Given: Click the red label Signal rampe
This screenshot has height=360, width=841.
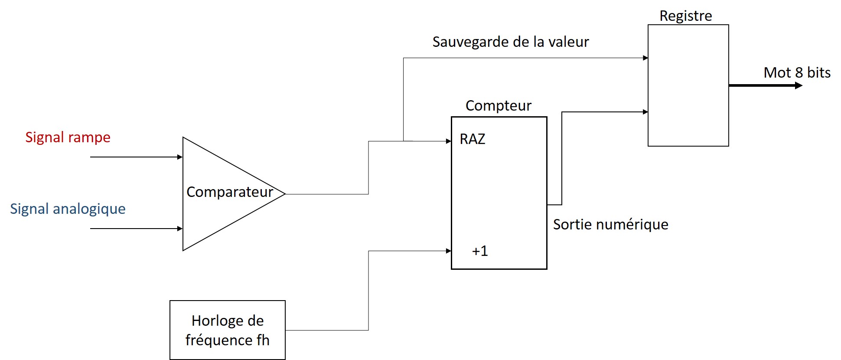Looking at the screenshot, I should coord(68,137).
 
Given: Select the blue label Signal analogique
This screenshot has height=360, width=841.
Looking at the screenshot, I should coord(68,209).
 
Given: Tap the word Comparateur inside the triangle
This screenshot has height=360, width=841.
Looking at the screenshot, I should coord(229,192).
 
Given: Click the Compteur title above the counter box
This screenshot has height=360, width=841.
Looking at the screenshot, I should coord(498,106).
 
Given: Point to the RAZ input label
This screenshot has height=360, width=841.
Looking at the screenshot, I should coord(472,139).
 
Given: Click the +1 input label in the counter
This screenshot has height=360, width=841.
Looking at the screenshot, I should coord(479,251).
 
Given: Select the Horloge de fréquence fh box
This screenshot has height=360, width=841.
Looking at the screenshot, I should coord(227,330).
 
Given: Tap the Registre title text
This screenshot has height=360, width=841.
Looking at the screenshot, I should coord(685,16).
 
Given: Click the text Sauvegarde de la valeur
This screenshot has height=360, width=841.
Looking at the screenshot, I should coord(510,42).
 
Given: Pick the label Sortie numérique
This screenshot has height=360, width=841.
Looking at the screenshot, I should coord(610,225).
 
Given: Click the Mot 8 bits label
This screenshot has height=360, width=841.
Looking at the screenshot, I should coord(797,73).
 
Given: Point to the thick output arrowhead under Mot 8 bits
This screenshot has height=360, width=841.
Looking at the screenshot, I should coord(799,86).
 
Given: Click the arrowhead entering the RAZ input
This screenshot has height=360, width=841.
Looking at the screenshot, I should coord(449,141).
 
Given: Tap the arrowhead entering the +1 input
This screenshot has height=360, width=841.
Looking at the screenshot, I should coord(449,251).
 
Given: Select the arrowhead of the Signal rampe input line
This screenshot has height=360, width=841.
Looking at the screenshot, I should coord(180,157).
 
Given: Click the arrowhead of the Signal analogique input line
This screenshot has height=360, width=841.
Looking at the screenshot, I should coord(180,229).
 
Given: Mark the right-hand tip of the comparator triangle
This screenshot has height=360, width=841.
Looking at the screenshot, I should coord(284,194).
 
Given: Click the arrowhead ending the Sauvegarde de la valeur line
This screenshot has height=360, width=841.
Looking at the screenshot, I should coord(645,58).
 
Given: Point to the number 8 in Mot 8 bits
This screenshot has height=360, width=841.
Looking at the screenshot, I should coord(799,73).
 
